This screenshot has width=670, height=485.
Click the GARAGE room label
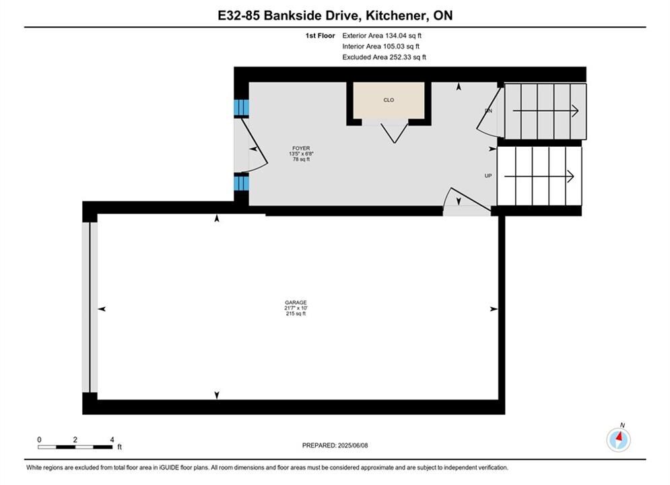296,302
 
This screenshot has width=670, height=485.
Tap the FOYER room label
301,148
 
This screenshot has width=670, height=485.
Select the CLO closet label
389,100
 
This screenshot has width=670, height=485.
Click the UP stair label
488,176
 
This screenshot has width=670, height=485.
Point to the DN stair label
488,110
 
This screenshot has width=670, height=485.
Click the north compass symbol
618,439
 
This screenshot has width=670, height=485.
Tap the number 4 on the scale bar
112,439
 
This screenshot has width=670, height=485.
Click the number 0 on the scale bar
39,439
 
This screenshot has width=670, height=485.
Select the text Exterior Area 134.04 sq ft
382,36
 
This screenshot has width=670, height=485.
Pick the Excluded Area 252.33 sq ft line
384,57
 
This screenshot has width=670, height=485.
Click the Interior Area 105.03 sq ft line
380,46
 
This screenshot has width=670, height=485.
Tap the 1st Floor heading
320,36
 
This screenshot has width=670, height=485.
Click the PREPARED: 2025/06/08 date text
335,445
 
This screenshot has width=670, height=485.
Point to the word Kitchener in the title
396,15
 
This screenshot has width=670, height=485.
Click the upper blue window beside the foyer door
241,108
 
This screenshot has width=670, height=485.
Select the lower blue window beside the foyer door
241,183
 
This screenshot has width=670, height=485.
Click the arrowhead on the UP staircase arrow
570,176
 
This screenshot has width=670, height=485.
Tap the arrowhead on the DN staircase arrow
575,111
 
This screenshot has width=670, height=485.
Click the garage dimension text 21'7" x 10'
296,308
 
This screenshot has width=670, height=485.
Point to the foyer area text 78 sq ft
301,160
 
